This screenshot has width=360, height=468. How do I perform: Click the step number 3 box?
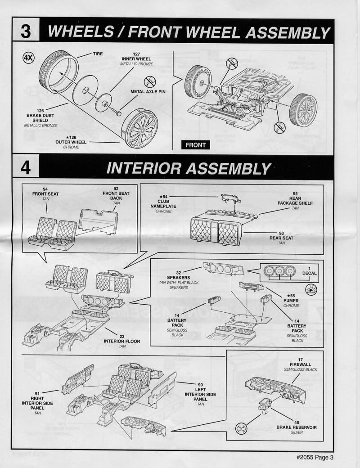[26, 30]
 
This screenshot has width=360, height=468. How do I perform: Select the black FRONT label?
[195, 145]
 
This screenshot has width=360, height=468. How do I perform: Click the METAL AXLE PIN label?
[148, 92]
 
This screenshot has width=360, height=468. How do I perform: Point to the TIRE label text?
[98, 54]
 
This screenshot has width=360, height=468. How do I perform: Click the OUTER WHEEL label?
[71, 142]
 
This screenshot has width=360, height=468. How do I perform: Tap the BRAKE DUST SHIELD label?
[40, 117]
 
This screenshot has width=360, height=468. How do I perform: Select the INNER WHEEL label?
[136, 59]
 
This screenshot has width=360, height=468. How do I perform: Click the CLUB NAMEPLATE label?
[163, 204]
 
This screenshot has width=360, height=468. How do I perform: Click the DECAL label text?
[309, 273]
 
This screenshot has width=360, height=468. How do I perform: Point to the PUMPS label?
[291, 301]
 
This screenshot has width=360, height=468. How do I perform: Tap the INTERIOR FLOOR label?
[122, 341]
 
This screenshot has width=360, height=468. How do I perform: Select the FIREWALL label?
[300, 364]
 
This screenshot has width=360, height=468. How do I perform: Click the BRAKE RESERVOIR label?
[297, 427]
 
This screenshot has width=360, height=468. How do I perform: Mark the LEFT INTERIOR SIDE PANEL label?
[200, 394]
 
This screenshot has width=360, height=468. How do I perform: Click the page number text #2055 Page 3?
[315, 457]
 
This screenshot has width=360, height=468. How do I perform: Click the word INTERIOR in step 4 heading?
[144, 168]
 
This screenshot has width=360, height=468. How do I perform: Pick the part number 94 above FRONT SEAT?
[45, 189]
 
